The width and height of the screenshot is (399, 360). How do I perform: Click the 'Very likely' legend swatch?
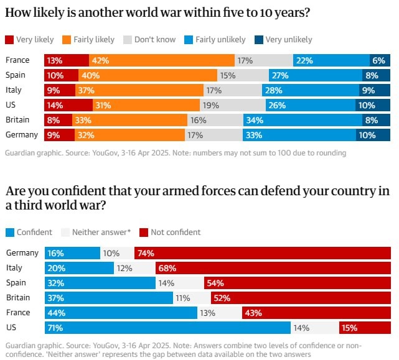coord(9,40)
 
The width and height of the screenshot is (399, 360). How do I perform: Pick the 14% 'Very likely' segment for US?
coord(68,105)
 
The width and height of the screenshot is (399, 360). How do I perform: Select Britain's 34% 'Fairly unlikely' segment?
coord(299,120)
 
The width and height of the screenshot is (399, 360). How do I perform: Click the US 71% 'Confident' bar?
coord(167,328)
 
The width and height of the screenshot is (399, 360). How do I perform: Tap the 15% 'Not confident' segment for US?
coord(364,328)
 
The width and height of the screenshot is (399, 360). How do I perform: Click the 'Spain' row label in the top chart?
coord(16,75)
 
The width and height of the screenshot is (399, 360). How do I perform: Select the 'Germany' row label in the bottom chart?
coord(22,253)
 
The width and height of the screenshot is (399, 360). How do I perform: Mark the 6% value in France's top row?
coord(378,60)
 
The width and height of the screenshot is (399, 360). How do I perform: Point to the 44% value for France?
coord(57,313)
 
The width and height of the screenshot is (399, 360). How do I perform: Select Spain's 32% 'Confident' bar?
coord(100,283)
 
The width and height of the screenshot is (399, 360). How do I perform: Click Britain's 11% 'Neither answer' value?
coord(182,298)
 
